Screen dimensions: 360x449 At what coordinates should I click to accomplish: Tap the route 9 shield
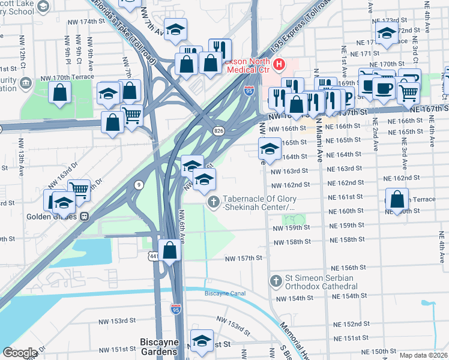tap(139, 185)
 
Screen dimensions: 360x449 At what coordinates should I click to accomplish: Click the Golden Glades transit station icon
tap(85, 215)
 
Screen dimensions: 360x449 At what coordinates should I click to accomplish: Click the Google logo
tap(21, 352)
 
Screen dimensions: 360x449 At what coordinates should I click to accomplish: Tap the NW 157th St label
tap(244, 258)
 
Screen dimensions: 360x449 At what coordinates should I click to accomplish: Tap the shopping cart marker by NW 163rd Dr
tap(79, 190)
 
